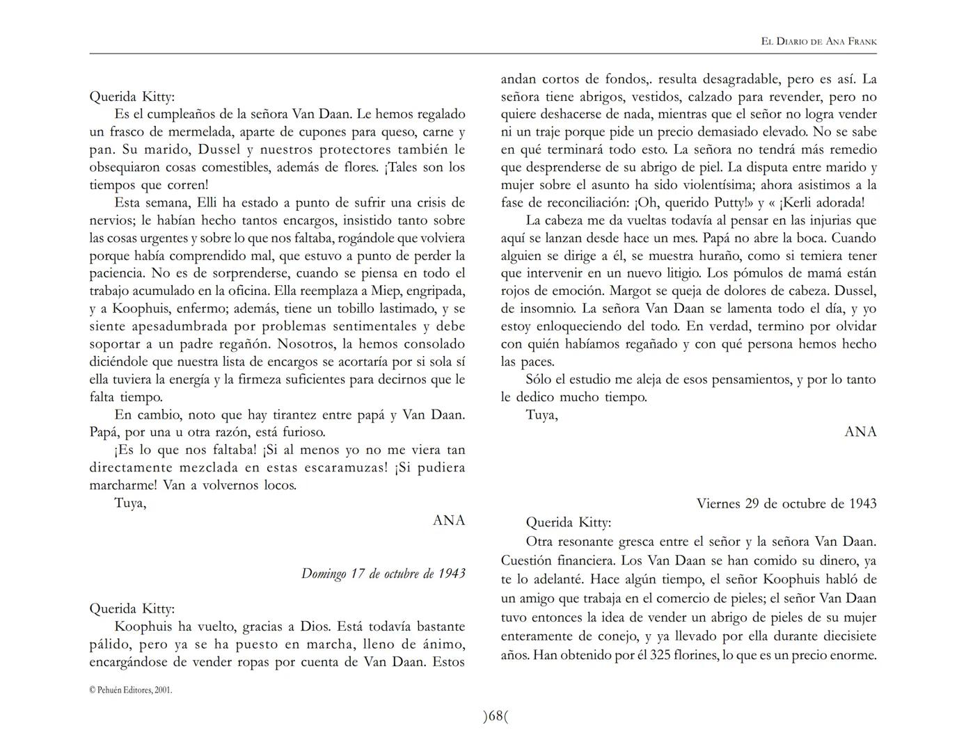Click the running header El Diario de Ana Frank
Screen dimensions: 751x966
[818, 41]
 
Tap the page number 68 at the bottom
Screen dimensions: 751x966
[495, 716]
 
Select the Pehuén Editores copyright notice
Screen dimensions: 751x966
[131, 691]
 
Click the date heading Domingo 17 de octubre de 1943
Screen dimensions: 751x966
[383, 574]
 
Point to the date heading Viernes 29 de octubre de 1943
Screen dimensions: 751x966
[786, 503]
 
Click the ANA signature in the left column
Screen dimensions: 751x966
[448, 520]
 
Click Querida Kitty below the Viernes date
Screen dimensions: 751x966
[568, 522]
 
